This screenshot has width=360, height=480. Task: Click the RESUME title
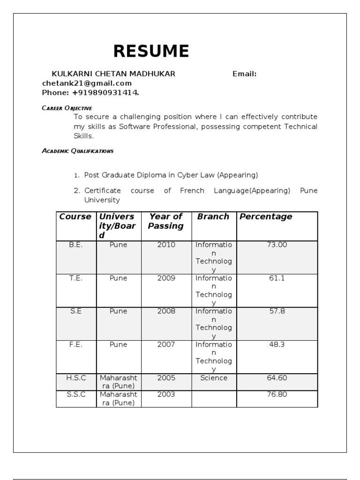(151, 51)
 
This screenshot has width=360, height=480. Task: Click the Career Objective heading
(67, 108)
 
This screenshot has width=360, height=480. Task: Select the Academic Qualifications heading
(77, 151)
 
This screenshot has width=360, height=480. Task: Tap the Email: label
(244, 74)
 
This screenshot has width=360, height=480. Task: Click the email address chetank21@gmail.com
(87, 83)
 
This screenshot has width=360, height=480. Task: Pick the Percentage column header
(266, 217)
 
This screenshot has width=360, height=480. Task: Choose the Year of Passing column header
(166, 221)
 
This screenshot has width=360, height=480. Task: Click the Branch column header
(213, 217)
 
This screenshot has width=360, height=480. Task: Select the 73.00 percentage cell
(277, 245)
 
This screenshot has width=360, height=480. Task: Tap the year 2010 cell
(166, 245)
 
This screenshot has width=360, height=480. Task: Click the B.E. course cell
(75, 245)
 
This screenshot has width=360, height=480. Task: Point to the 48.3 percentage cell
(277, 345)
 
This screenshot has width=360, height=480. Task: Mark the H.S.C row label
(75, 378)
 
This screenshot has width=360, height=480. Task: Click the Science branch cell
(214, 378)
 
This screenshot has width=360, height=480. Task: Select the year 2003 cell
(166, 394)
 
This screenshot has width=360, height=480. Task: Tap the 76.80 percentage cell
(277, 394)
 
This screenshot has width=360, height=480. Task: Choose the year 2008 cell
(166, 311)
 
